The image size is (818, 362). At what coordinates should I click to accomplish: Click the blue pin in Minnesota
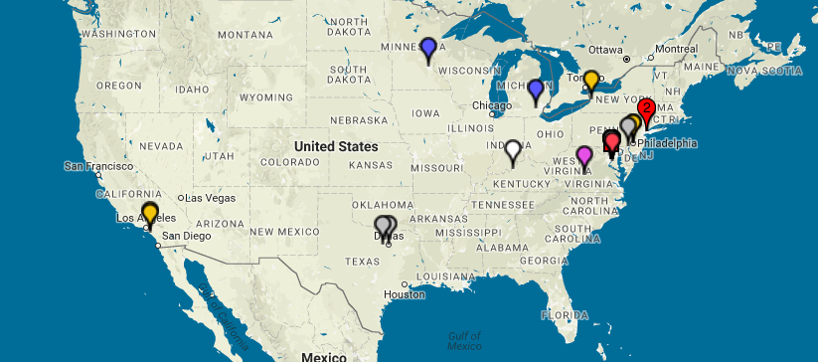point(428,47)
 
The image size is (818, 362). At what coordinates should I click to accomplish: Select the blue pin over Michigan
point(536,90)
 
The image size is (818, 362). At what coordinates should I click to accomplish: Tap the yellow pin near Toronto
point(591,80)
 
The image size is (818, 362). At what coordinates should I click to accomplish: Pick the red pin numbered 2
point(646,108)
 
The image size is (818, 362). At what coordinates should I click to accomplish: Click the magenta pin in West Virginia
point(584,155)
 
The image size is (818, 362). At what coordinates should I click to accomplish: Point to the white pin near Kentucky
point(513,150)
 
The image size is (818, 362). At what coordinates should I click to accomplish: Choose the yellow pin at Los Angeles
point(150,212)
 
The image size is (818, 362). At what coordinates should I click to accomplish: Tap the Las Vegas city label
point(209,197)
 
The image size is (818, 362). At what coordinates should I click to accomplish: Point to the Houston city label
point(405,294)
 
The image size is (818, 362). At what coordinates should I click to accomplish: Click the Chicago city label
point(492,105)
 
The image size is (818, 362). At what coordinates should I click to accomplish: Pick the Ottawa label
point(606,49)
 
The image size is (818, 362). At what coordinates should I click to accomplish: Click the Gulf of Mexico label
point(463,340)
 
